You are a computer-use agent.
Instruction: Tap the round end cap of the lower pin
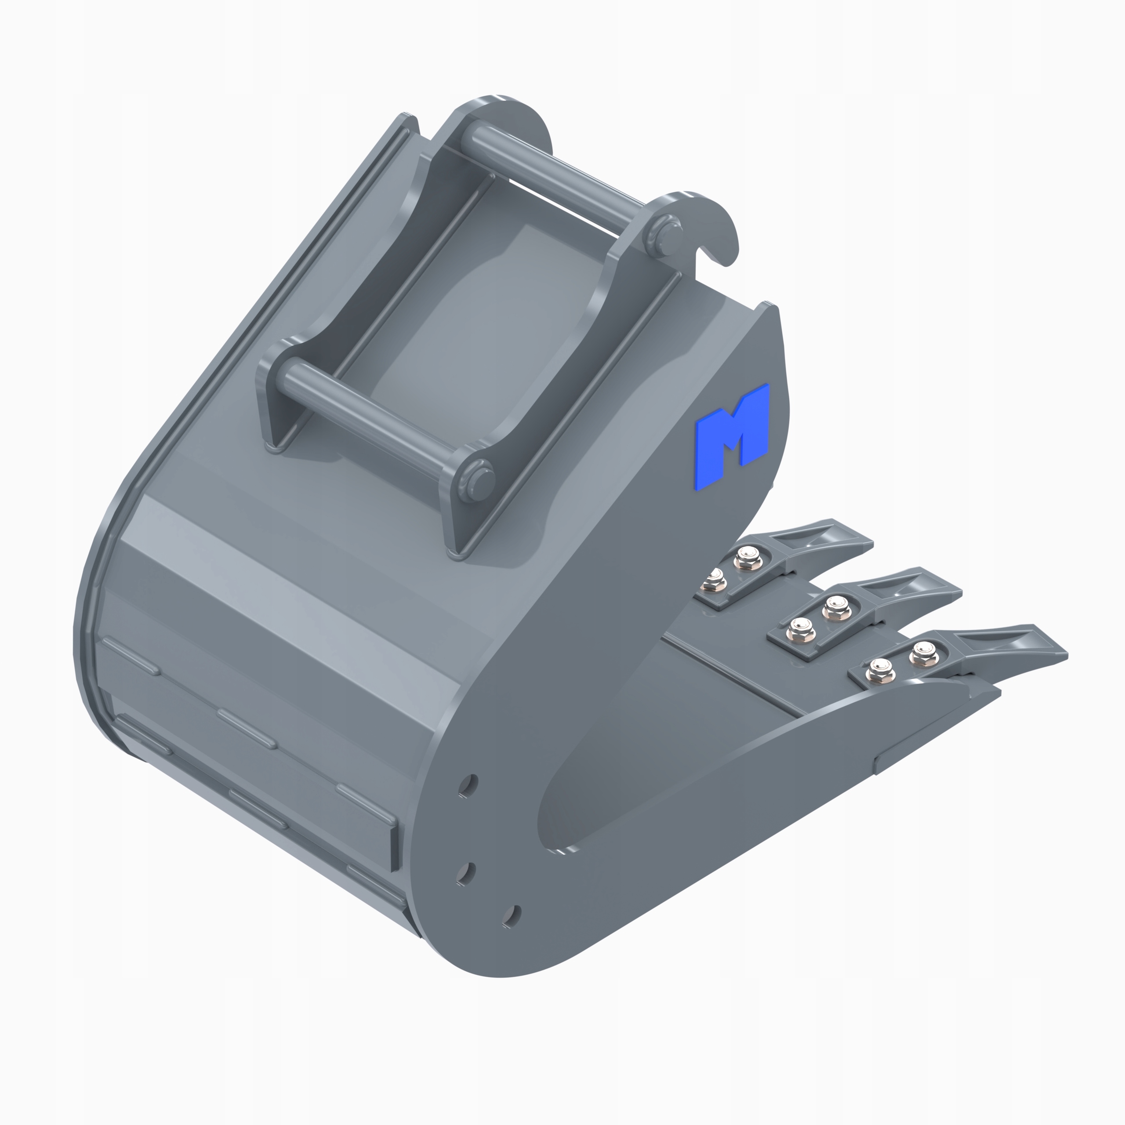(x=479, y=481)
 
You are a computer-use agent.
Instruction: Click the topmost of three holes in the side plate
(x=468, y=785)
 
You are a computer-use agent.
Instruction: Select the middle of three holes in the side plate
(x=465, y=872)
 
